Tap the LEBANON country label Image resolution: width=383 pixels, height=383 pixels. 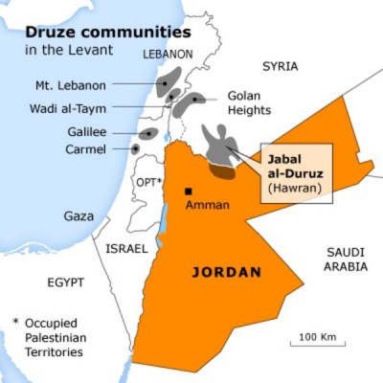coord(168,55)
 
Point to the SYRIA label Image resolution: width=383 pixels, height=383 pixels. coord(280,66)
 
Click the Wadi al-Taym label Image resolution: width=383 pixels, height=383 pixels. coord(70,108)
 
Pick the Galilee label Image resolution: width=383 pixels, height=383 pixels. coord(87,132)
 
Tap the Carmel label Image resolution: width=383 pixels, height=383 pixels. coord(87,149)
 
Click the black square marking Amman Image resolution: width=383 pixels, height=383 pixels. coord(189,191)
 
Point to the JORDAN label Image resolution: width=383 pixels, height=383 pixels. coord(227,272)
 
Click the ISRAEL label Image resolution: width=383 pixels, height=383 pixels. coord(126,248)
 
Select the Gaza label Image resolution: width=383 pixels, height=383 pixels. coord(79,216)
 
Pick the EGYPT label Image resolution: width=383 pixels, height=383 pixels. coord(65,282)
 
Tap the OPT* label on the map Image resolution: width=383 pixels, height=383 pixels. coord(147,182)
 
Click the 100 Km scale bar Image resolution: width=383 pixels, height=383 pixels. coord(321,340)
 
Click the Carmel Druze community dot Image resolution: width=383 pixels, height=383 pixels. coord(136,148)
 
